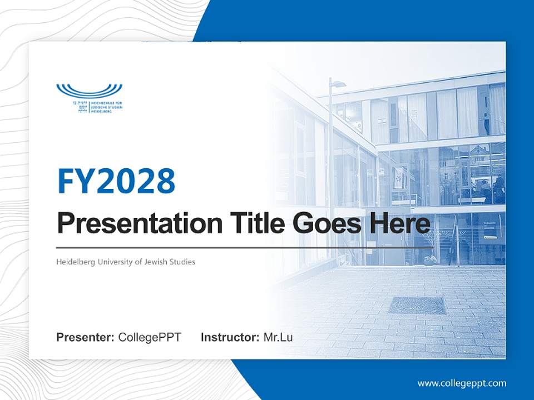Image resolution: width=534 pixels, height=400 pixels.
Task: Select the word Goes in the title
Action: (x=323, y=223)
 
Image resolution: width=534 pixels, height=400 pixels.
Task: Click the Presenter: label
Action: (x=85, y=337)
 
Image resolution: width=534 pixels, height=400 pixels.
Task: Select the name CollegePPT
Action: (x=150, y=337)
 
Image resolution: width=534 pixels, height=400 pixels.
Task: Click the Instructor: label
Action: (x=230, y=337)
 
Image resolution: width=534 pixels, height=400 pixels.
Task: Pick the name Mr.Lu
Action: (x=278, y=337)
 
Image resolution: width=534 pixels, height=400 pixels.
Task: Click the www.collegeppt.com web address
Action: (x=462, y=383)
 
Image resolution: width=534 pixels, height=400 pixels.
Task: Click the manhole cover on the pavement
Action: (x=417, y=305)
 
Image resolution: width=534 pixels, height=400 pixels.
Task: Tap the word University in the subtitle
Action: (x=115, y=262)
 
